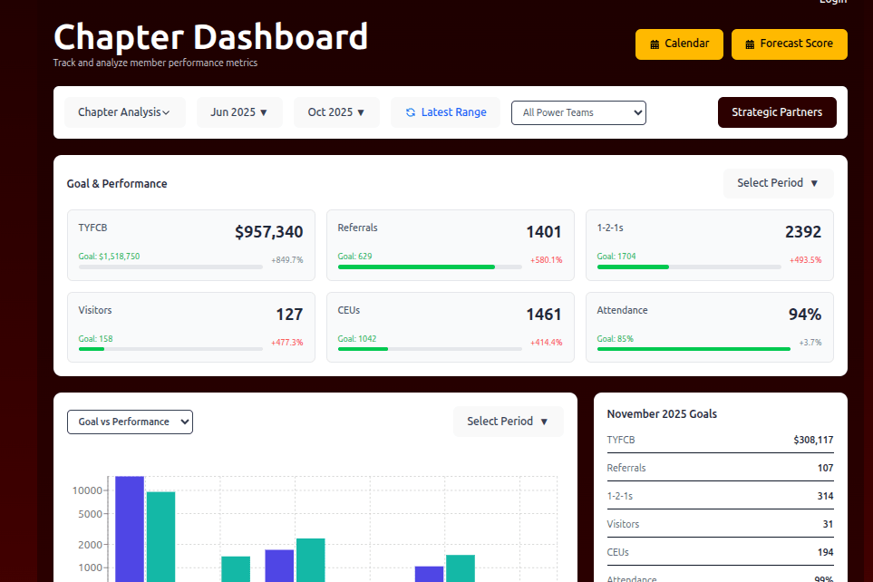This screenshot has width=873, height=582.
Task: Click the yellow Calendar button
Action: coord(679,44)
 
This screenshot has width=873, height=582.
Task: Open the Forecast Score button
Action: coord(789,44)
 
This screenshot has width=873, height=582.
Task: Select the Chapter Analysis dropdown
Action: coord(124,112)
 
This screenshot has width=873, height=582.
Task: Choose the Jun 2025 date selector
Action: coord(239,112)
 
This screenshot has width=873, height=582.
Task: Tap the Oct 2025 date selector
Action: coord(336,112)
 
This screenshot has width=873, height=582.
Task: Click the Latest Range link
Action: coord(445,112)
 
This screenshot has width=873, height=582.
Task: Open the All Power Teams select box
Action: coord(578,112)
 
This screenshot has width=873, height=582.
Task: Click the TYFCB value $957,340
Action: coord(268,232)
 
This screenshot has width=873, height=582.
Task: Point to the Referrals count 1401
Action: coord(544,232)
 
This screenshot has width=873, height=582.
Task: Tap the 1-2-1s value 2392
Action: coord(803,232)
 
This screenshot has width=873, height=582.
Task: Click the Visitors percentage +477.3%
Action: coord(286,343)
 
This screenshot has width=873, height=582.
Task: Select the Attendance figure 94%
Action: coord(805,315)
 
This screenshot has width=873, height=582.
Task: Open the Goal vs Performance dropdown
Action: coord(130,422)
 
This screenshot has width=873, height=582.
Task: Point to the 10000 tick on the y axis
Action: coord(88,490)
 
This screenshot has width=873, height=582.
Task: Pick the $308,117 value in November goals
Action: coord(813,441)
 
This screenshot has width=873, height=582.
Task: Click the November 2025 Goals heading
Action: coord(662,413)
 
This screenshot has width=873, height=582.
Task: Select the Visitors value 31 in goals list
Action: coord(827,524)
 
